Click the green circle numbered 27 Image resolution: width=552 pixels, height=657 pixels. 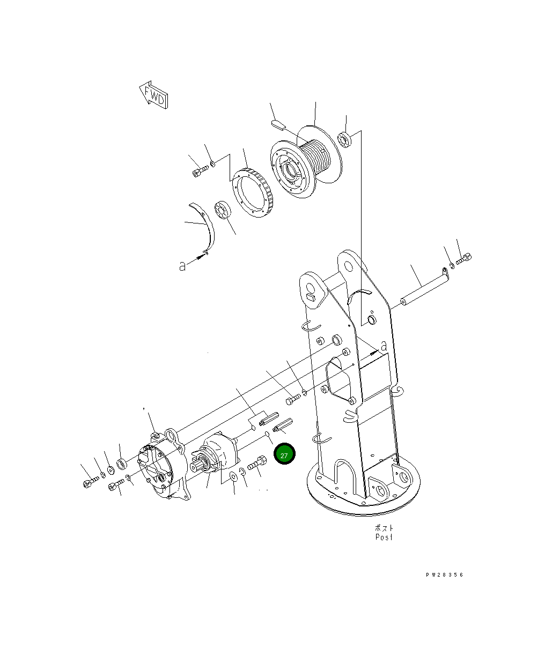(x=284, y=455)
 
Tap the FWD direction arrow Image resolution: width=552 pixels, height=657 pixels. (x=154, y=95)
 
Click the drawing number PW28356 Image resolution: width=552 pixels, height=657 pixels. (x=444, y=575)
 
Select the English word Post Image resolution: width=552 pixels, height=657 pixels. (x=384, y=537)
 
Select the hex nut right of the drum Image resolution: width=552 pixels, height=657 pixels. (x=345, y=140)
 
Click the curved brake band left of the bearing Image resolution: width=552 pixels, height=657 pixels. (x=207, y=225)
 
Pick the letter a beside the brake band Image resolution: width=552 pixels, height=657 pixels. (x=182, y=266)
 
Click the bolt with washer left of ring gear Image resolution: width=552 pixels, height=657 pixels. (x=199, y=171)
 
